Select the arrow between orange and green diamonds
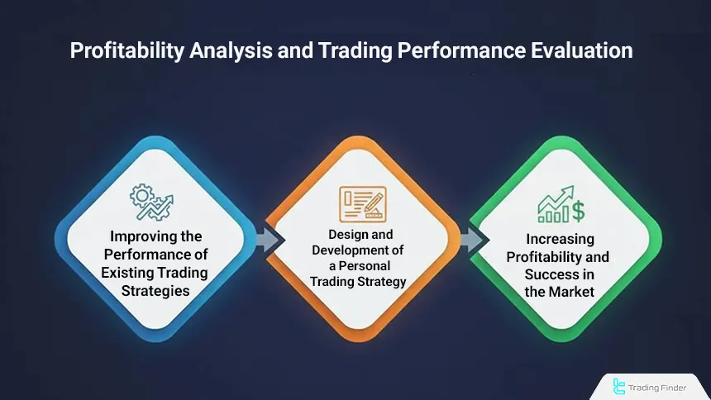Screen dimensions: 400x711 469,240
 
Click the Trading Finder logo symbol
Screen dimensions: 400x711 619,385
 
